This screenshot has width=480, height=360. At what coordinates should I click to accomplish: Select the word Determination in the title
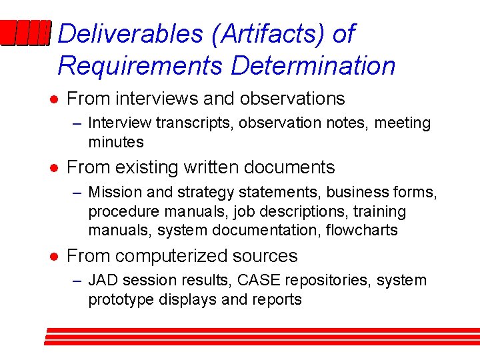313,66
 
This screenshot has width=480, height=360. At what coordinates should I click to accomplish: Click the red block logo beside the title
25,33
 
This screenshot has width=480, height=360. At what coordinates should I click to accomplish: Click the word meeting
403,123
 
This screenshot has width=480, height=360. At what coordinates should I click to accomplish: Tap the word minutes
115,142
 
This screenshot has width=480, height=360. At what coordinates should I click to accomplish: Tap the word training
382,211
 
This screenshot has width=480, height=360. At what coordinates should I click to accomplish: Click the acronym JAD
102,281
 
